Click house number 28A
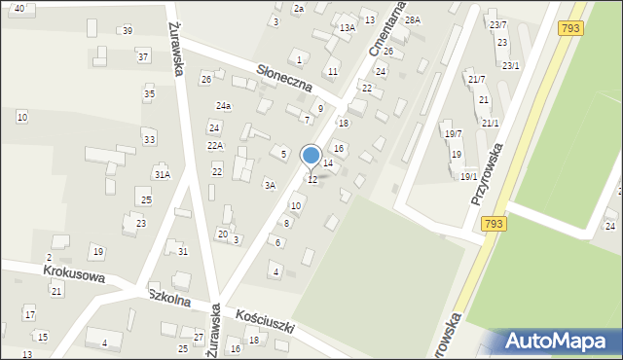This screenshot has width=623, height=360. click(413, 19)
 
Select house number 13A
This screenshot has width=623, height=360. click(348, 28)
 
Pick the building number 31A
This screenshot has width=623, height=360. click(162, 175)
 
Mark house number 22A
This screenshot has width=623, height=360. click(215, 146)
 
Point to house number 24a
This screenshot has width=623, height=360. click(224, 105)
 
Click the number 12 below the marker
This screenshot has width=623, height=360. click(312, 180)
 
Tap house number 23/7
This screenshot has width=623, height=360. click(497, 24)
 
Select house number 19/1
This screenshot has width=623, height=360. click(468, 176)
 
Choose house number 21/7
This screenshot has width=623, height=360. click(476, 79)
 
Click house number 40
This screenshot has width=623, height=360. click(19, 8)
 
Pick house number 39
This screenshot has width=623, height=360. click(128, 31)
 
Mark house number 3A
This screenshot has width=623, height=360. click(271, 184)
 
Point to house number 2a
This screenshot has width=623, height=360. click(299, 8)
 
